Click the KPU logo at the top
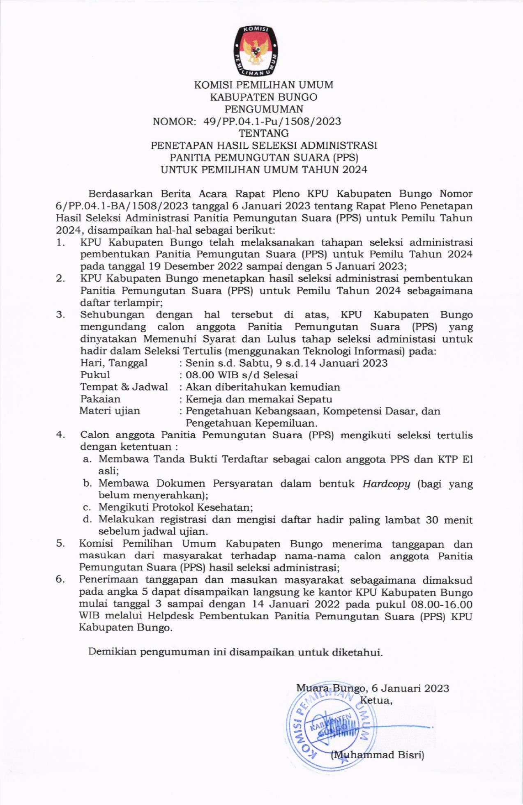pyautogui.click(x=255, y=51)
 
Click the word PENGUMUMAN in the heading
pyautogui.click(x=263, y=109)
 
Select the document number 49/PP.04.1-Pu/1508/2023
pyautogui.click(x=272, y=121)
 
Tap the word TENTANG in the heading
pyautogui.click(x=263, y=133)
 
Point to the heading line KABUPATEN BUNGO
pyautogui.click(x=263, y=97)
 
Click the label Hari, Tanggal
pyautogui.click(x=114, y=363)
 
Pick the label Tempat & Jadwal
pyautogui.click(x=124, y=387)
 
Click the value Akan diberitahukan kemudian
pyautogui.click(x=263, y=387)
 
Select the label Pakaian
pyautogui.click(x=100, y=399)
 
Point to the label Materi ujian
pyautogui.click(x=110, y=411)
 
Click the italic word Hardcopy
pyautogui.click(x=386, y=483)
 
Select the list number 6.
pyautogui.click(x=60, y=580)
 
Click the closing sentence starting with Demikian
pyautogui.click(x=235, y=652)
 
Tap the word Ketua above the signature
pyautogui.click(x=376, y=700)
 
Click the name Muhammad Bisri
pyautogui.click(x=378, y=754)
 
